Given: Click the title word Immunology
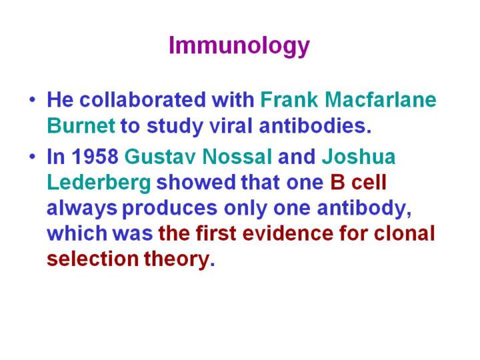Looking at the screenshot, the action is pyautogui.click(x=239, y=46).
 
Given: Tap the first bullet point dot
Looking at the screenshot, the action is pyautogui.click(x=33, y=100).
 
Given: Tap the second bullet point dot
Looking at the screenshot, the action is pyautogui.click(x=33, y=157).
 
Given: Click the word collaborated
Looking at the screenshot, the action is pyautogui.click(x=143, y=99).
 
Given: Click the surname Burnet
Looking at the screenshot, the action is pyautogui.click(x=81, y=125).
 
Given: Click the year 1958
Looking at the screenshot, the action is pyautogui.click(x=95, y=157).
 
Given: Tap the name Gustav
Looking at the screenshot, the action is pyautogui.click(x=160, y=157).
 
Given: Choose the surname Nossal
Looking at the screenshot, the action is pyautogui.click(x=237, y=157).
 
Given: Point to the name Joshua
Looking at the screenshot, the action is pyautogui.click(x=359, y=157).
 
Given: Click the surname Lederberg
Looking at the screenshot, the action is pyautogui.click(x=99, y=183).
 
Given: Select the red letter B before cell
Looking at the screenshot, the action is pyautogui.click(x=337, y=183).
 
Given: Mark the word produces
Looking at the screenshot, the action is pyautogui.click(x=170, y=208).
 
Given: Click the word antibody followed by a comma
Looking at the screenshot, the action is pyautogui.click(x=364, y=208).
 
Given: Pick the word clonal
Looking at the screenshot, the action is pyautogui.click(x=405, y=233).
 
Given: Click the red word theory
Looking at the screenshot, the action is pyautogui.click(x=179, y=259).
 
